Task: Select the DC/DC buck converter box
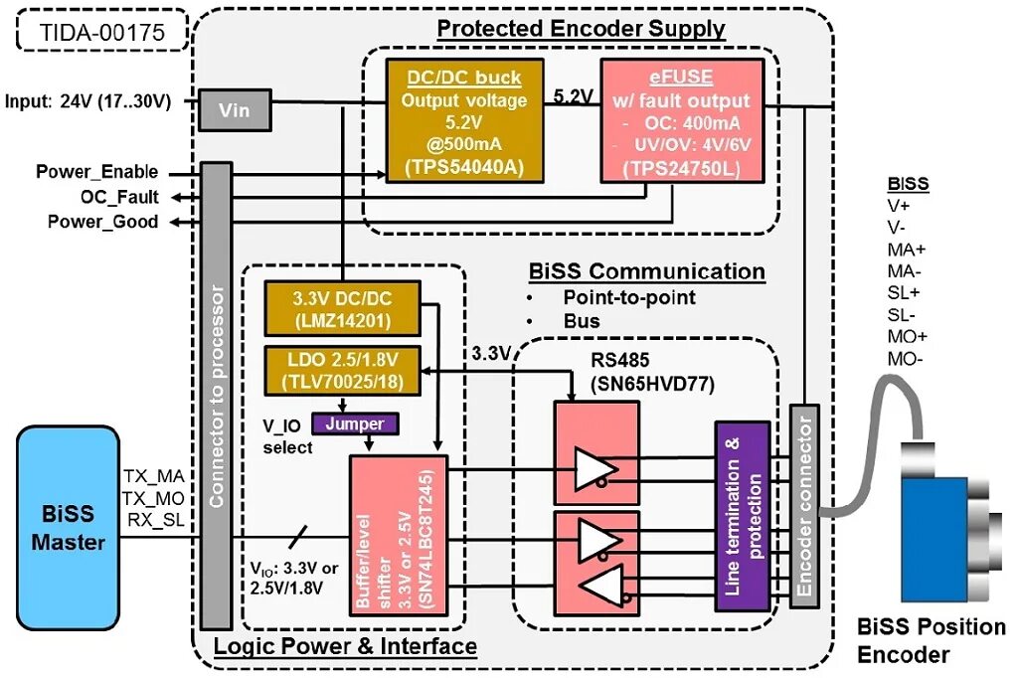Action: (465, 119)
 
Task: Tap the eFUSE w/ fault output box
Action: (682, 119)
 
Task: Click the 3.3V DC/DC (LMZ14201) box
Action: (343, 309)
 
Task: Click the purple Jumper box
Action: (355, 424)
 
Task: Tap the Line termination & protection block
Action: (743, 516)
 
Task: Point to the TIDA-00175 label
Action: (101, 31)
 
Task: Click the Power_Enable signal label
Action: (96, 172)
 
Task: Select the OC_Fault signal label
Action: (119, 197)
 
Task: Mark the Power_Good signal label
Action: (102, 222)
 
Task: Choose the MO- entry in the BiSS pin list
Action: (905, 357)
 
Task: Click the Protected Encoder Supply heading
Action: (581, 29)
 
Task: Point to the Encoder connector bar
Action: (803, 506)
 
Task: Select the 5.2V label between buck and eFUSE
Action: (574, 96)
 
